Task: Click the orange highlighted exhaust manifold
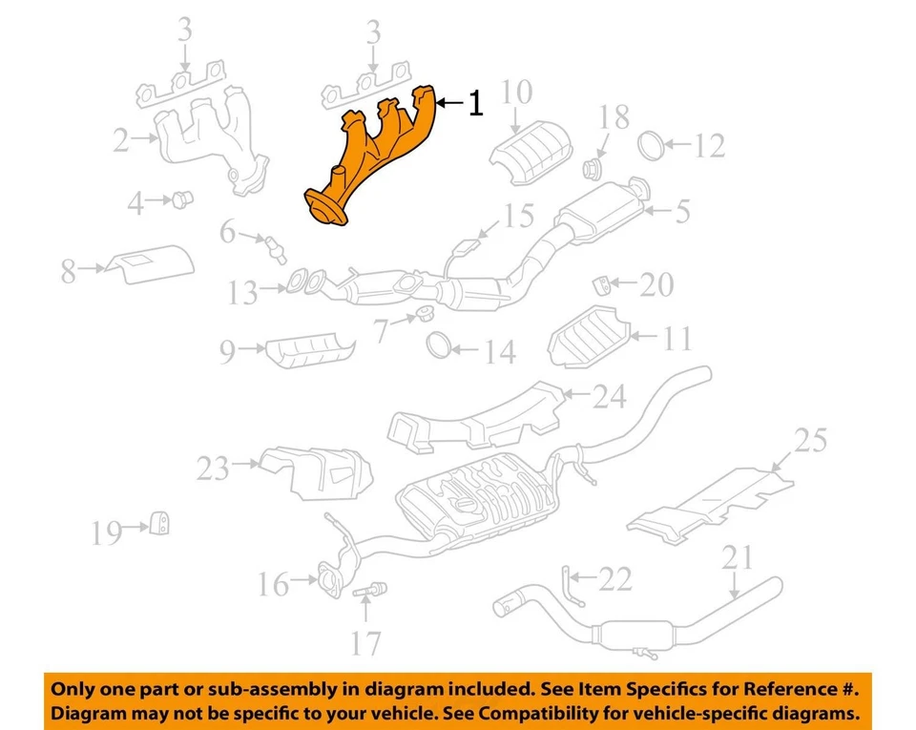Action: (377, 157)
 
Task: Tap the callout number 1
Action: (474, 103)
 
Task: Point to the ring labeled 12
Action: (650, 145)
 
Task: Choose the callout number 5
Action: (681, 211)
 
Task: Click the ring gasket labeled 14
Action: (440, 344)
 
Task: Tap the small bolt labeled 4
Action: (180, 198)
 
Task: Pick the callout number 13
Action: (242, 292)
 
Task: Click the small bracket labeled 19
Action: (161, 524)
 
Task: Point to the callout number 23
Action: (215, 469)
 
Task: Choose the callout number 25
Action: (810, 440)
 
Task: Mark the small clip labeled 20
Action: (601, 283)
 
